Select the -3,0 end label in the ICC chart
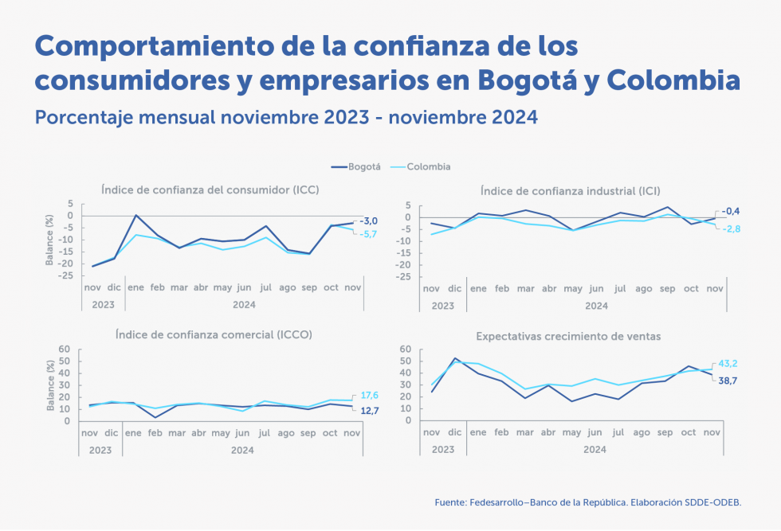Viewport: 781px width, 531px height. coord(368,221)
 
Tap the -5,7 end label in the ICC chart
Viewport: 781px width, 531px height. coord(368,234)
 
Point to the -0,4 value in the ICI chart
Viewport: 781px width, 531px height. coord(732,211)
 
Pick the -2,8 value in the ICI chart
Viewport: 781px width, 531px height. coord(732,228)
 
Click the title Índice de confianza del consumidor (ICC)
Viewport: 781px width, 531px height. coord(210,189)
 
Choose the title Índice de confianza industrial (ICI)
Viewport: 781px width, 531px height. coord(570,190)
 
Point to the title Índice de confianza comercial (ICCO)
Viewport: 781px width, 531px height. coord(214,334)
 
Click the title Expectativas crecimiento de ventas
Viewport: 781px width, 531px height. coord(568,336)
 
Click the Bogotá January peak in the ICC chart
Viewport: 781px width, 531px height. coord(136,215)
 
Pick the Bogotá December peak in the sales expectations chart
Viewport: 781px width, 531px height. coord(455,358)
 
